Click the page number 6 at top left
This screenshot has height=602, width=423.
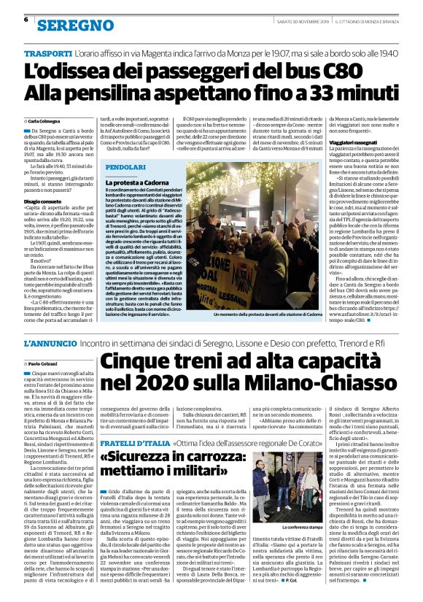[x=26, y=20]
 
